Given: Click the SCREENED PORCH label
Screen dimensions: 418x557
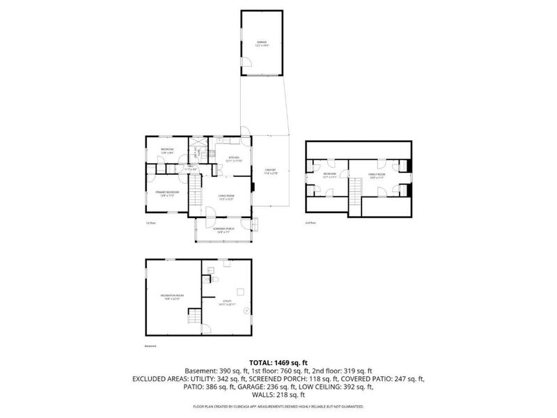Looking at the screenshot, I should point(223,229).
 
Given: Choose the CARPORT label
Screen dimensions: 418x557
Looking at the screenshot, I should point(270,171).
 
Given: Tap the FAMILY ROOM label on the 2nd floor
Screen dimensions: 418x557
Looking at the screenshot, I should point(377,175).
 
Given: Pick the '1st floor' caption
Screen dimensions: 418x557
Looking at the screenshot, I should point(150,223).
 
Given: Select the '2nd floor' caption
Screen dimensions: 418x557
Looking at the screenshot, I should point(311,223).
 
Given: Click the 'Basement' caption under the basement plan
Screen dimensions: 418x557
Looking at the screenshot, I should point(151,346).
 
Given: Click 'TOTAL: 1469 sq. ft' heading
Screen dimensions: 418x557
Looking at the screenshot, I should point(278,362).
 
